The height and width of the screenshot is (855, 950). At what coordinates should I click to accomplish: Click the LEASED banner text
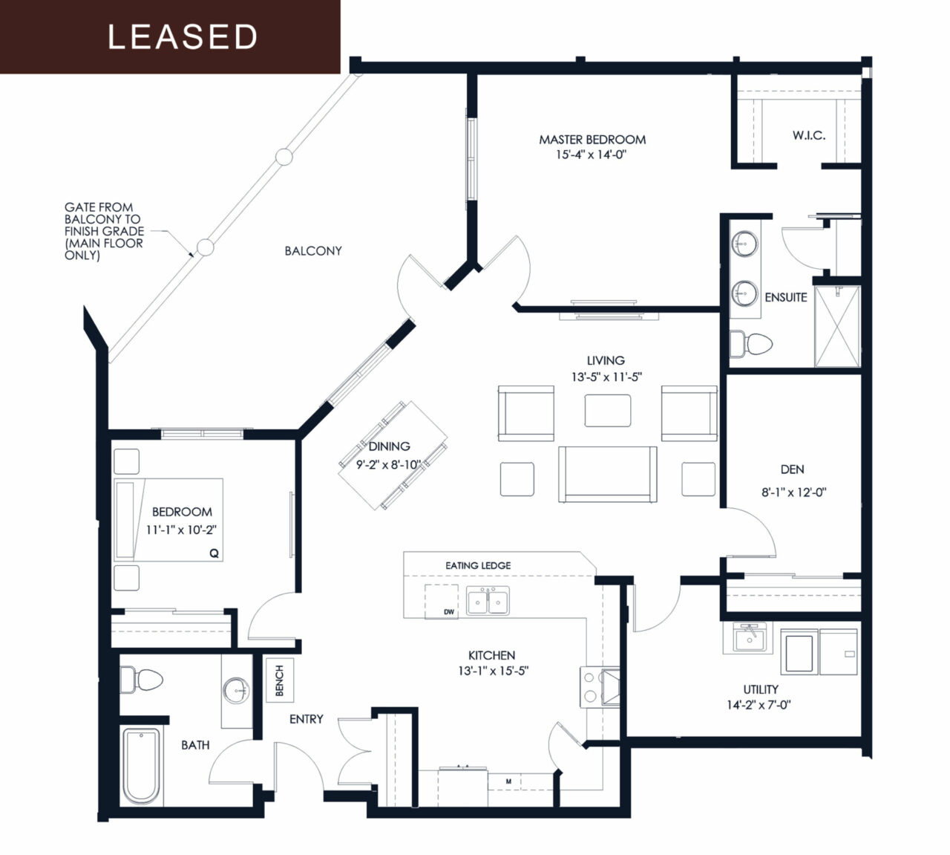pyautogui.click(x=183, y=37)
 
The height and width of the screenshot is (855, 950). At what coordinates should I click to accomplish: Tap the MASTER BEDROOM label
pyautogui.click(x=592, y=140)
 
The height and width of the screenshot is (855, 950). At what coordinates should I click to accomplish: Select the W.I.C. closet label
pyautogui.click(x=809, y=136)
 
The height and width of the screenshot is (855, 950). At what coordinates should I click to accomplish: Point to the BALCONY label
pyautogui.click(x=313, y=251)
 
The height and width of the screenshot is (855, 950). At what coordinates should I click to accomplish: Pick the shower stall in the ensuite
pyautogui.click(x=836, y=326)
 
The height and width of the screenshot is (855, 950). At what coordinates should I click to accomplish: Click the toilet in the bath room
pyautogui.click(x=141, y=680)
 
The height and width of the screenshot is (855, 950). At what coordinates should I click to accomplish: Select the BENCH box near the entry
pyautogui.click(x=279, y=680)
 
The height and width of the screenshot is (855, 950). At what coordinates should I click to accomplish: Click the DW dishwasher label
pyautogui.click(x=449, y=612)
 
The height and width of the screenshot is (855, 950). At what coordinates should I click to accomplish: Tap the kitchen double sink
pyautogui.click(x=488, y=601)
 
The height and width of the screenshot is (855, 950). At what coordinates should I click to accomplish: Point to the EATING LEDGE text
pyautogui.click(x=478, y=566)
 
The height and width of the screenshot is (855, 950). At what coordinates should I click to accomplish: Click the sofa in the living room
pyautogui.click(x=608, y=474)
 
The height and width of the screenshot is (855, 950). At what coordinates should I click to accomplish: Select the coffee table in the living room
pyautogui.click(x=608, y=411)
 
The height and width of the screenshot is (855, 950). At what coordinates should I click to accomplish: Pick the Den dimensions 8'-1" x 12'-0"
pyautogui.click(x=793, y=492)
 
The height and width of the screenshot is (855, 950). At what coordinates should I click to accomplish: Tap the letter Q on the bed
pyautogui.click(x=214, y=553)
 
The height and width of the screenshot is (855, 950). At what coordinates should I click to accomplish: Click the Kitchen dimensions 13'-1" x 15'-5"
pyautogui.click(x=493, y=671)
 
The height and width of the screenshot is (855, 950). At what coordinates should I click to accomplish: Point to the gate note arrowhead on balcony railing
pyautogui.click(x=191, y=254)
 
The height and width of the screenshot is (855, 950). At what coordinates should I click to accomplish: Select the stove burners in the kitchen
pyautogui.click(x=590, y=686)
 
